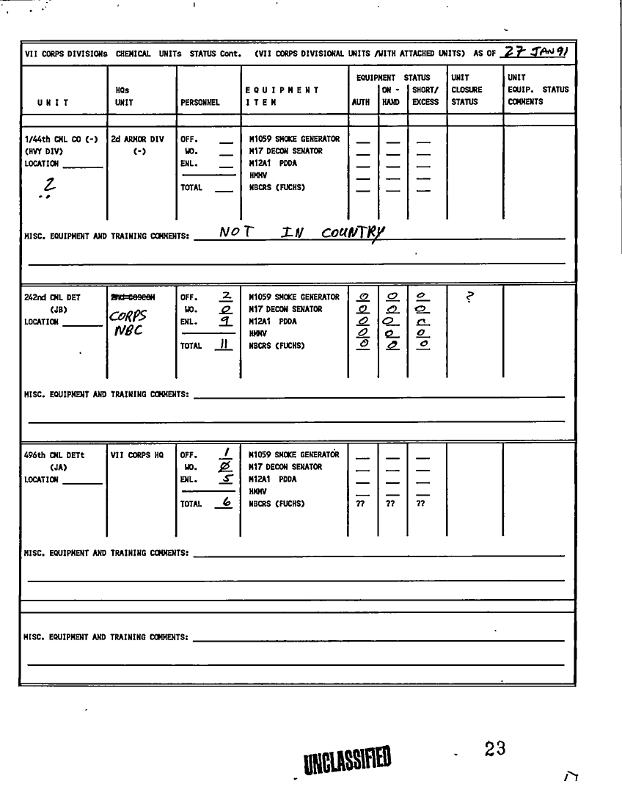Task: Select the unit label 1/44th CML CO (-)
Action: [x=61, y=139]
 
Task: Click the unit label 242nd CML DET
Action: [x=53, y=297]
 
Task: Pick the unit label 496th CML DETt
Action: [x=54, y=455]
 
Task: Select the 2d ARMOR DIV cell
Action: [x=138, y=139]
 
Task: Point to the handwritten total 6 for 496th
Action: [x=227, y=503]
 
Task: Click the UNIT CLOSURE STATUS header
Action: [x=464, y=90]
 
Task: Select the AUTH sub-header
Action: [x=361, y=103]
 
